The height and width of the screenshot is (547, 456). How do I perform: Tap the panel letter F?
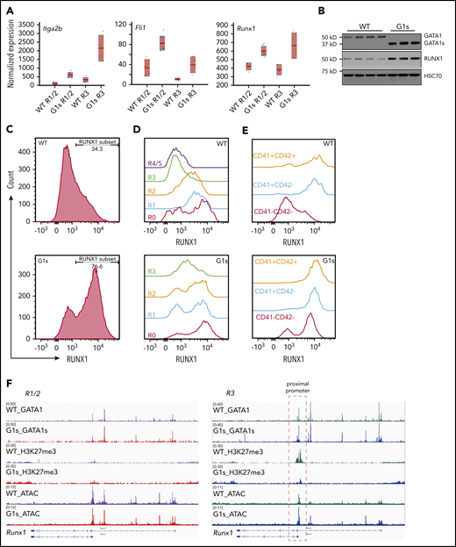tap(7, 383)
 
